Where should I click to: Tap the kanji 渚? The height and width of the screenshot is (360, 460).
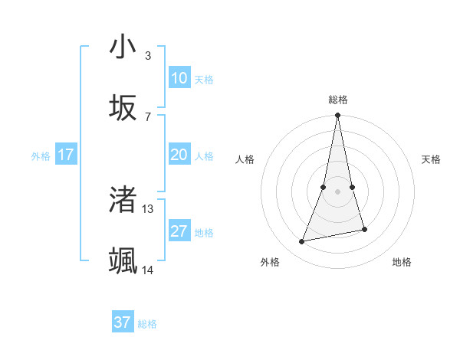click(x=123, y=198)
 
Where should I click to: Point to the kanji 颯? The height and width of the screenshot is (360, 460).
click(x=123, y=260)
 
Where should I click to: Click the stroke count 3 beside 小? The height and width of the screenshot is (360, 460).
click(x=147, y=56)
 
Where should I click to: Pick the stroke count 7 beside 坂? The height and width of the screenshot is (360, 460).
click(x=147, y=116)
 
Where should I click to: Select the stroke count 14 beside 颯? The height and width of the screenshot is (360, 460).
click(x=148, y=270)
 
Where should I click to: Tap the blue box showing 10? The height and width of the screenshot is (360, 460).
click(x=179, y=78)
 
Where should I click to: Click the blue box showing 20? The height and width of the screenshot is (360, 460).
click(x=179, y=155)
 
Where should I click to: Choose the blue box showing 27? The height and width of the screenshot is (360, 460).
click(x=179, y=231)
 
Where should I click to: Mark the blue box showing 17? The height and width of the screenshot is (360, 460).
click(x=65, y=155)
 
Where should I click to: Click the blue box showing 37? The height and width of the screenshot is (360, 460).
click(x=123, y=322)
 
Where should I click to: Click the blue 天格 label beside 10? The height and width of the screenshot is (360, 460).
click(x=204, y=79)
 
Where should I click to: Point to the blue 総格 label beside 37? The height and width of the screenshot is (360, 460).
click(x=147, y=323)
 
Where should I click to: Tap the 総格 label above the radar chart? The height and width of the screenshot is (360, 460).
click(x=337, y=100)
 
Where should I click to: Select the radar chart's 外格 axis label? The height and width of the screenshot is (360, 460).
click(x=270, y=262)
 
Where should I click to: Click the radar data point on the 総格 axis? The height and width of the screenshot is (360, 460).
click(x=337, y=116)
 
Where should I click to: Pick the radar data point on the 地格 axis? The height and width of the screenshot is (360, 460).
click(x=364, y=229)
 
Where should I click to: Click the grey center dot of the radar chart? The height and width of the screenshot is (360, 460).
click(x=337, y=191)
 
